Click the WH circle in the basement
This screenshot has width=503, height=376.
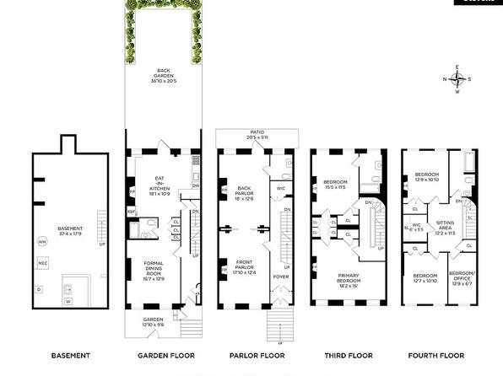pos(41,242)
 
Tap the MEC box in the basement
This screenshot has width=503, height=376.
pos(41,264)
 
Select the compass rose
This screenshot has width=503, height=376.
pos(457,80)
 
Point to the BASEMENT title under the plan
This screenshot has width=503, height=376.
pos(65,355)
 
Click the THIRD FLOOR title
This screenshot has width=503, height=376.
pos(346,355)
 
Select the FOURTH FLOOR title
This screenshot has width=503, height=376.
pos(438,355)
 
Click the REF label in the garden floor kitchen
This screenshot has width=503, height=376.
pos(132,211)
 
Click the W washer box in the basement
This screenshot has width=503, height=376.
pos(68,301)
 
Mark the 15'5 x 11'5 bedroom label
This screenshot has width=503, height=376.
pos(333,185)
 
